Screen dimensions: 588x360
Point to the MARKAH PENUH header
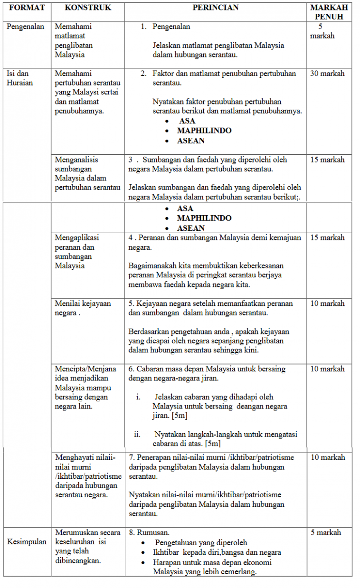click(x=329, y=12)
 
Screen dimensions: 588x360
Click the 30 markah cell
click(x=327, y=74)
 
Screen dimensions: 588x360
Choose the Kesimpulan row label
click(x=27, y=541)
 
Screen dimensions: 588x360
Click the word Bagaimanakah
click(x=151, y=266)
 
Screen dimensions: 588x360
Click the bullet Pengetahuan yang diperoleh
click(x=201, y=542)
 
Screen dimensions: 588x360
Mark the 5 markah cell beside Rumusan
click(x=326, y=532)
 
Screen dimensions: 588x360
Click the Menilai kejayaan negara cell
click(x=83, y=308)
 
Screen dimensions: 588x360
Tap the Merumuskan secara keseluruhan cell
click(x=87, y=546)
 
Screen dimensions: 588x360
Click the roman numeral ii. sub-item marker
click(x=137, y=434)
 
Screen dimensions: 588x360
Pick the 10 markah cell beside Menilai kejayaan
click(x=327, y=303)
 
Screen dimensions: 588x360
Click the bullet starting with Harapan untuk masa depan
click(x=212, y=567)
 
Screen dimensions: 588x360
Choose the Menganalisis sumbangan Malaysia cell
click(x=87, y=173)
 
